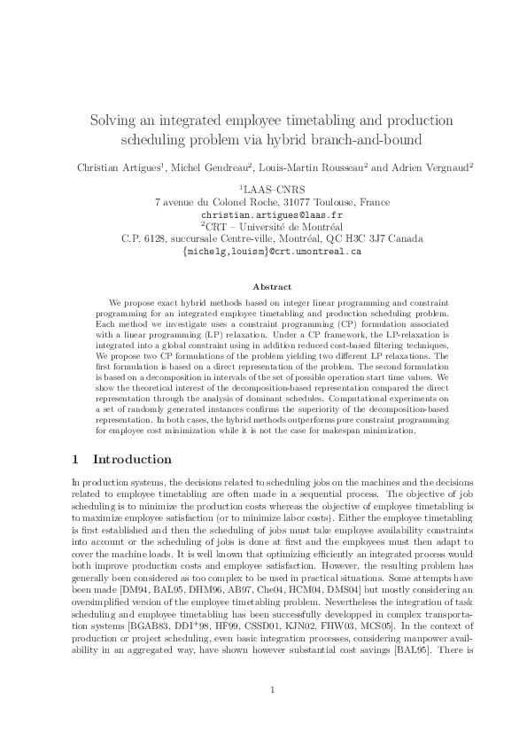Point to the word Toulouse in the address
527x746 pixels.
coord(333,202)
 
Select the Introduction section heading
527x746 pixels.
coord(132,459)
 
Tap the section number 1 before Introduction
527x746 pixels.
coord(76,459)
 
